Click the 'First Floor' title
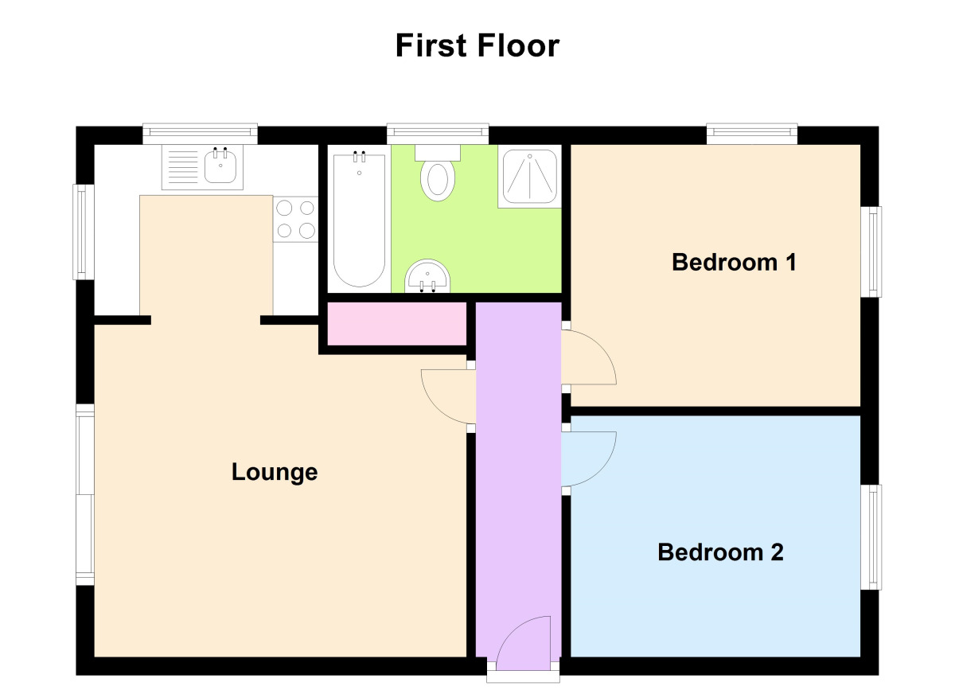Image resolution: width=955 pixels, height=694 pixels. tap(477, 45)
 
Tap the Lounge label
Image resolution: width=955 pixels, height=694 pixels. tap(275, 472)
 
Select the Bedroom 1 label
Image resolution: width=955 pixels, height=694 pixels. tap(734, 262)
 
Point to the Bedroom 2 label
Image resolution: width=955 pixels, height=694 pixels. tap(720, 552)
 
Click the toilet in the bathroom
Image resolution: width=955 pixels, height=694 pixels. tap(438, 173)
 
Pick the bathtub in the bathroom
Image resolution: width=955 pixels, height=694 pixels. tap(359, 219)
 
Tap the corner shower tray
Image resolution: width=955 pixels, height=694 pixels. tap(529, 176)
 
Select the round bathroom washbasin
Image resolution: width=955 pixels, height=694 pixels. tap(427, 276)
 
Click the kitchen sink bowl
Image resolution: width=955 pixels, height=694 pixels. tap(220, 166)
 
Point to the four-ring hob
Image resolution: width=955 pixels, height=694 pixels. tap(295, 219)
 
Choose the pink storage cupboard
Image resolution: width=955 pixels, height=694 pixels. tap(396, 324)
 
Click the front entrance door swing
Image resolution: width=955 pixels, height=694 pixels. tap(524, 643)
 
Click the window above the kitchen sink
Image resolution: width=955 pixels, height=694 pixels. tap(200, 134)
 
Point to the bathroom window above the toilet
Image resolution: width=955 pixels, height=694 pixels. tap(438, 134)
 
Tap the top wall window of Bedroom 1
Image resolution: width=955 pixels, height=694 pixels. tap(752, 134)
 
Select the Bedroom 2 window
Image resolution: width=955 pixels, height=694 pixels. tap(871, 536)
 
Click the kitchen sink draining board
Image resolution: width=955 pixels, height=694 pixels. tap(183, 167)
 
